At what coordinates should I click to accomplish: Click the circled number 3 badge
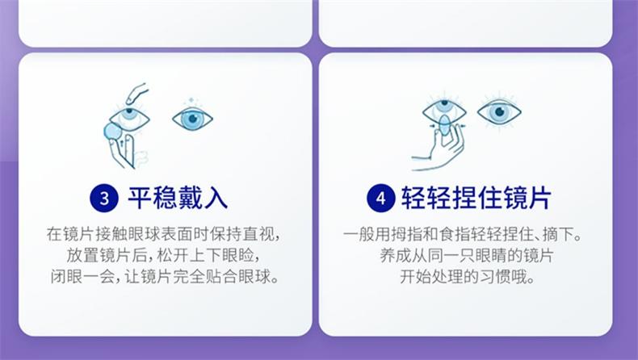(104, 198)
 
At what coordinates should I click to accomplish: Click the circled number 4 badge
(381, 198)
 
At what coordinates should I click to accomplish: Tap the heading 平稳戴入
(178, 198)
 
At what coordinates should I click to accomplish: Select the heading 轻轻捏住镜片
(476, 198)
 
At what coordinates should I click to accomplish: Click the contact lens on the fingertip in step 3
(113, 132)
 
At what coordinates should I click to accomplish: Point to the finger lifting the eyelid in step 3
(136, 93)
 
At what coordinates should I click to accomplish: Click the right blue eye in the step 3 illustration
(192, 119)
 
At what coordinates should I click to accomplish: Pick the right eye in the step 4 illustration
(499, 112)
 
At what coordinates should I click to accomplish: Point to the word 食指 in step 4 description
(455, 234)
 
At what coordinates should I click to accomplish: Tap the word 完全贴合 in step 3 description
(205, 277)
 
